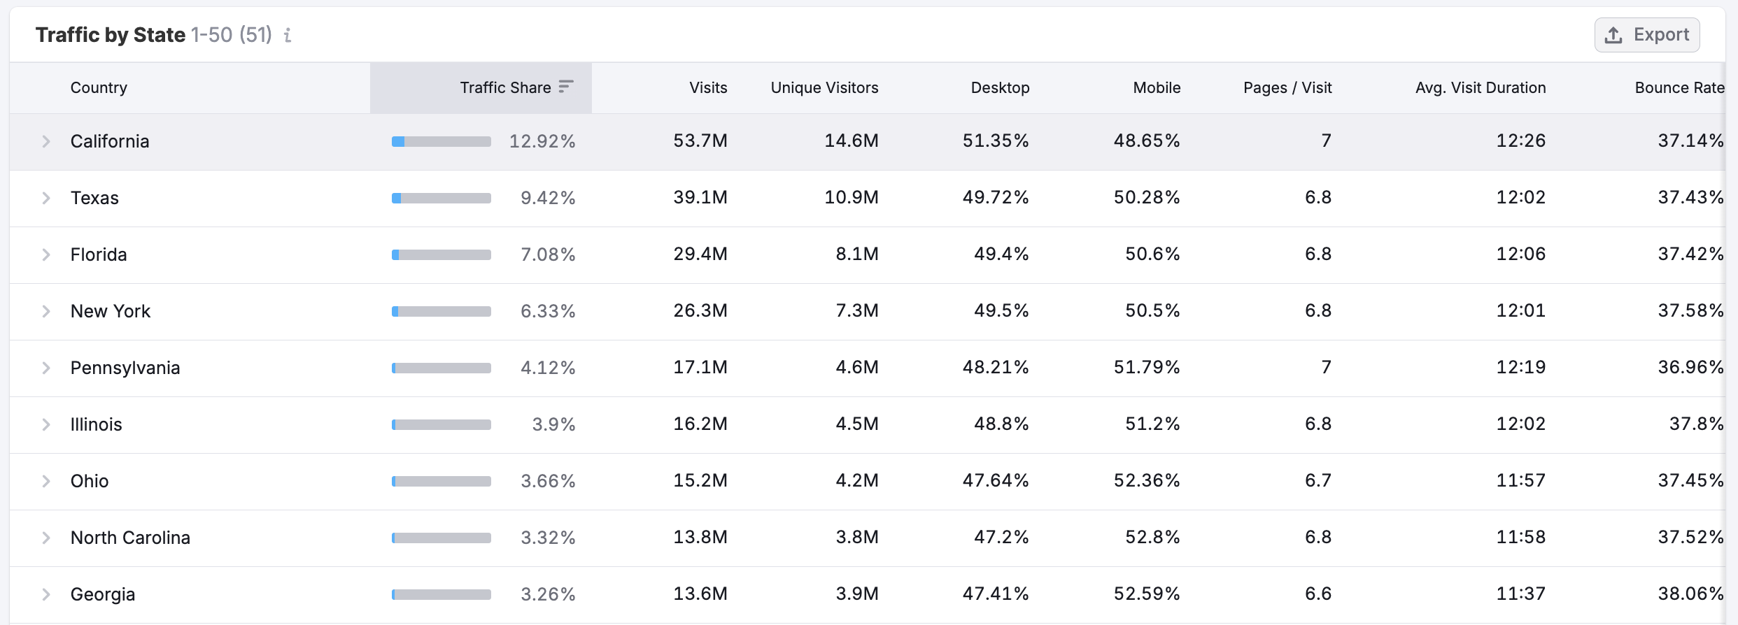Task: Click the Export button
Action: click(1647, 35)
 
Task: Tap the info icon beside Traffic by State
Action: click(288, 35)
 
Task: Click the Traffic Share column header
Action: click(506, 87)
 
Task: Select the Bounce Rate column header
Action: click(1679, 87)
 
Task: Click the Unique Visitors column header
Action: click(824, 87)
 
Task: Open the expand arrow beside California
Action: click(46, 141)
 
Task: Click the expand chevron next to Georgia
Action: click(46, 594)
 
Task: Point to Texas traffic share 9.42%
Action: click(547, 198)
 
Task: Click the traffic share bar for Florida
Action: click(441, 255)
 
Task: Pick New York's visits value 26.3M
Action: click(700, 310)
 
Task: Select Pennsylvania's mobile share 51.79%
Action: click(1146, 367)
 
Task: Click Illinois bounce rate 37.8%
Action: click(1695, 424)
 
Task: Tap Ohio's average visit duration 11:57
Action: click(1520, 480)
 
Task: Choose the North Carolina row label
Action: click(130, 538)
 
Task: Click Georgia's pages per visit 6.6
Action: click(1317, 594)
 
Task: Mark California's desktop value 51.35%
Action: click(995, 141)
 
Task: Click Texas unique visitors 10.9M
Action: click(851, 197)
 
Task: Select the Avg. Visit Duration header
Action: click(1480, 87)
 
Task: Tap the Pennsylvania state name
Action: click(125, 368)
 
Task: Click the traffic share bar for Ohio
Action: click(441, 481)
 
